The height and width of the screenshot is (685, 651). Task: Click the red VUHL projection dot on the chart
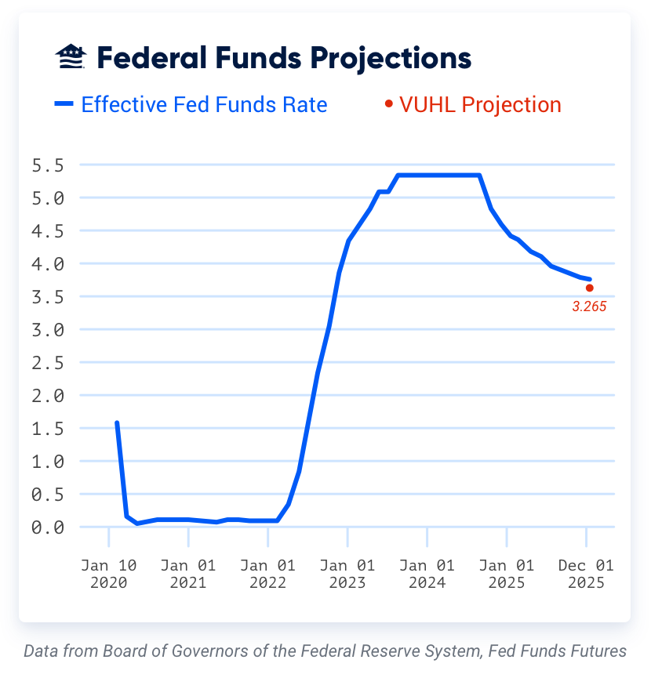coord(590,288)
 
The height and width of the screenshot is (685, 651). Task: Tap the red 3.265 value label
coord(589,307)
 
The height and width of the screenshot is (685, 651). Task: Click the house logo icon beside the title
coord(70,56)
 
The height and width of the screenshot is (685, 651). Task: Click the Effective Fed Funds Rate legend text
coord(204,104)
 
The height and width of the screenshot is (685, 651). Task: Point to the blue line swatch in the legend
coord(64,103)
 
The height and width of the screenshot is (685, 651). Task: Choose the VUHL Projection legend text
coord(480,104)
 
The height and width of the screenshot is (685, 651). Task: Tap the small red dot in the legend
coord(388,103)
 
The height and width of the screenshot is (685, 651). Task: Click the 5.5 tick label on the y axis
coord(47,165)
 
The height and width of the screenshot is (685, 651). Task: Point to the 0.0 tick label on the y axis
coord(47,527)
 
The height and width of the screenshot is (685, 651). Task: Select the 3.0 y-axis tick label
coord(47,330)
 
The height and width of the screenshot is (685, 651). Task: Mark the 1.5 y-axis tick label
coord(47,429)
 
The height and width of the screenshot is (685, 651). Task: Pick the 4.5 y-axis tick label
coord(47,231)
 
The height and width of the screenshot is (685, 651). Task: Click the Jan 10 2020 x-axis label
coord(108,574)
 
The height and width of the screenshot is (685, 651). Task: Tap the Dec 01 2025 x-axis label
coord(586,574)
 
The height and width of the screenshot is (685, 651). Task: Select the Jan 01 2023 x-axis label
coord(347,574)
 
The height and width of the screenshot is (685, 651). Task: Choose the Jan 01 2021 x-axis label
coord(188,574)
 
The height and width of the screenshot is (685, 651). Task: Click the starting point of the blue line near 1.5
coord(117,423)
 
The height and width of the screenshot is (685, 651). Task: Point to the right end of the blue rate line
coord(589,279)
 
